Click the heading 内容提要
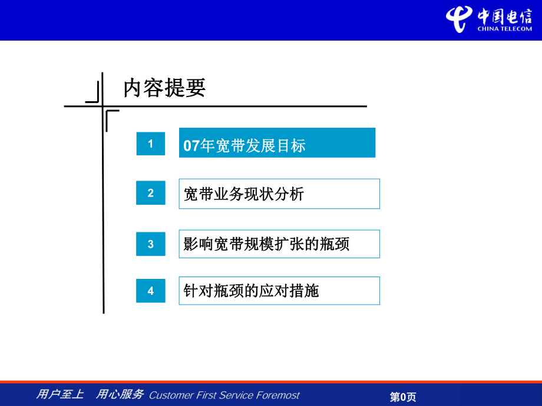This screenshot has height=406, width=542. point(164,88)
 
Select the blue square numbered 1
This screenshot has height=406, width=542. point(150,144)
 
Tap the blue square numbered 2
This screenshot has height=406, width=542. point(150,192)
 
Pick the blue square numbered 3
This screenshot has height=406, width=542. point(150,244)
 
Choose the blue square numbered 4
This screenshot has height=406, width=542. point(150,291)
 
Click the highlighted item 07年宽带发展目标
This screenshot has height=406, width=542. point(277,142)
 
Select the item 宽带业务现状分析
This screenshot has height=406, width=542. point(279,194)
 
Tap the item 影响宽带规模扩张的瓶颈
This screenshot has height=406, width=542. point(279,244)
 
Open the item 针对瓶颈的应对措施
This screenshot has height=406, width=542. point(279,291)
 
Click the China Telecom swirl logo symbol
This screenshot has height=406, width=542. point(459,19)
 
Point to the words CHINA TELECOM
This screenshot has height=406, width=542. point(505,29)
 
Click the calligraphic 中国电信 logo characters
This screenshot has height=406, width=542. point(505,16)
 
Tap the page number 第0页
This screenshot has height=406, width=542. point(403,397)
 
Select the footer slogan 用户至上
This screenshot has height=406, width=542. point(60,394)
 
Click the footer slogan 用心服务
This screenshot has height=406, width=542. point(120,394)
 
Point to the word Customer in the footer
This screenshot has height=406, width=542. point(171,395)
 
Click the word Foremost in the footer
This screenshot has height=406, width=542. point(278,395)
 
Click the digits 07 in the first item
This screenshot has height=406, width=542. point(191,146)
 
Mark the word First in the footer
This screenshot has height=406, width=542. point(206,395)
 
